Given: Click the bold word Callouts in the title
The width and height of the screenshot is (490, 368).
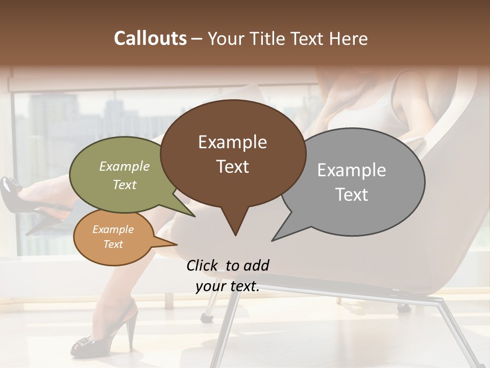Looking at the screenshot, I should [150, 38].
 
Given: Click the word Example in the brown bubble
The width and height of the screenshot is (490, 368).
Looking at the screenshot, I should [232, 142].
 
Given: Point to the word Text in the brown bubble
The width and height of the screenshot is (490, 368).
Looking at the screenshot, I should [232, 167].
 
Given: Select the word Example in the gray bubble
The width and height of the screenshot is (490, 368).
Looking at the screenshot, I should [352, 170].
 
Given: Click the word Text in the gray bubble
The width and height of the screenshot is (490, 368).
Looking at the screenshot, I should [352, 195].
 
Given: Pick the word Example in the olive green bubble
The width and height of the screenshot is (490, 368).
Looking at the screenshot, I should [125, 166].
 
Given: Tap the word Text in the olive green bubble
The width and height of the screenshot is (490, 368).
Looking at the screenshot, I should [125, 185].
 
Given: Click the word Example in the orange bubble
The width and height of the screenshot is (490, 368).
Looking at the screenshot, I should [113, 229].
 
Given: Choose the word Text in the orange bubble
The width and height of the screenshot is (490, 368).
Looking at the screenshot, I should [113, 244].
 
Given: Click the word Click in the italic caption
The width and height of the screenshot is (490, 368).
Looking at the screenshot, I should [203, 265].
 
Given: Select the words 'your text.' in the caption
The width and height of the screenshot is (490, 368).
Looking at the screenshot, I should [228, 286].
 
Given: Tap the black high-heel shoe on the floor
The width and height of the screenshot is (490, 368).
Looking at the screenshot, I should [112, 332].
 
